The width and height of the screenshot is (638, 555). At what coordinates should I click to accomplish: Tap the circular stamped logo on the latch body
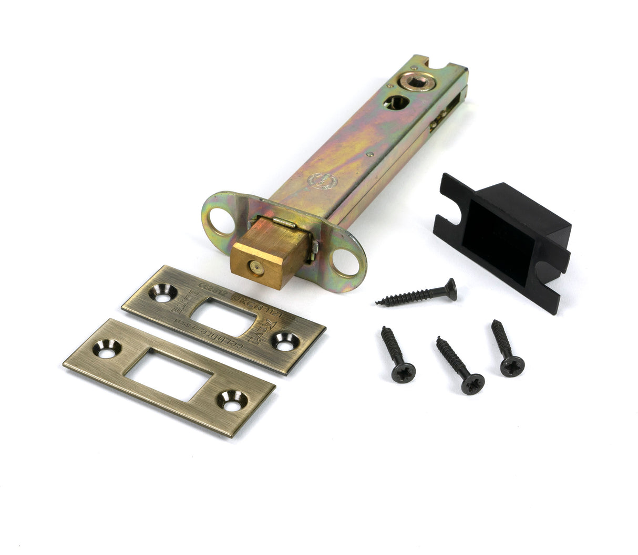tap(321, 181)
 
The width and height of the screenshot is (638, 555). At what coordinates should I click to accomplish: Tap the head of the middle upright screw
tap(472, 383)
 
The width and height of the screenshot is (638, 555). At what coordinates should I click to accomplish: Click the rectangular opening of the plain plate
tap(169, 373)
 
